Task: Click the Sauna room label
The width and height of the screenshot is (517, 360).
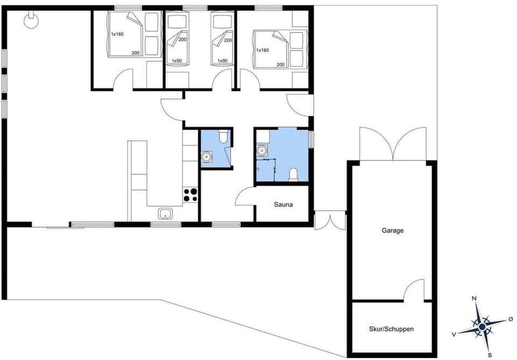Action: point(283,204)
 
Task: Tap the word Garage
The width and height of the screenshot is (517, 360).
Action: point(393,230)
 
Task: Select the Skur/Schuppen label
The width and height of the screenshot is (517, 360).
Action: point(392,329)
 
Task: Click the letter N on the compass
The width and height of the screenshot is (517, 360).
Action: point(474,298)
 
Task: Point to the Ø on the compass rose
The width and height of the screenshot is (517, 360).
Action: point(511,319)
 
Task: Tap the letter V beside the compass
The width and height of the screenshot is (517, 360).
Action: point(454,334)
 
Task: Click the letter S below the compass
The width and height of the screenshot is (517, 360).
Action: point(490,355)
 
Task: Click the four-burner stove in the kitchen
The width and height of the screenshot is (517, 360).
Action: point(191,194)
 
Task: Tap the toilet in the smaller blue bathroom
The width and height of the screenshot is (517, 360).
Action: point(223,137)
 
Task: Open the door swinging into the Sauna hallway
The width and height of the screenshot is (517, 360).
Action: point(245,196)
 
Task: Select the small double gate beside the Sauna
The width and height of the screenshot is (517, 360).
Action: point(330,221)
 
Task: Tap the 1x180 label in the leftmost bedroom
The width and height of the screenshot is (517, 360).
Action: point(117,34)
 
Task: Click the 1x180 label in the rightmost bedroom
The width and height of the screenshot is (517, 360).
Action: point(262,50)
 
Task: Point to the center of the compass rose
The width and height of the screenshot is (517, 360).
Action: point(482,326)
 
